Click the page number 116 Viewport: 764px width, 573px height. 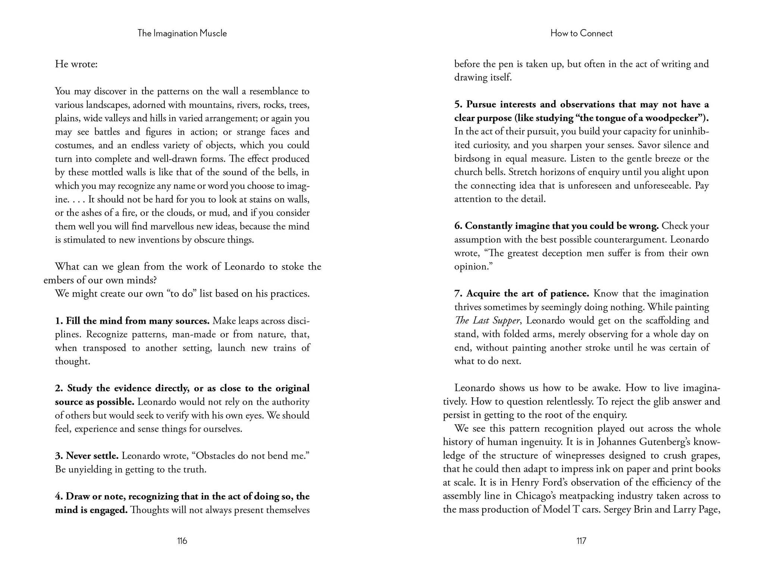tap(182, 541)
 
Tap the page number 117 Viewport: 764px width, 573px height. tap(582, 541)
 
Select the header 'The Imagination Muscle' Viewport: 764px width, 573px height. tap(182, 34)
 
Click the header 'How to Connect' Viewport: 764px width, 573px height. tap(581, 34)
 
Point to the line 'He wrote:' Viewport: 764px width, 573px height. tap(76, 64)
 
